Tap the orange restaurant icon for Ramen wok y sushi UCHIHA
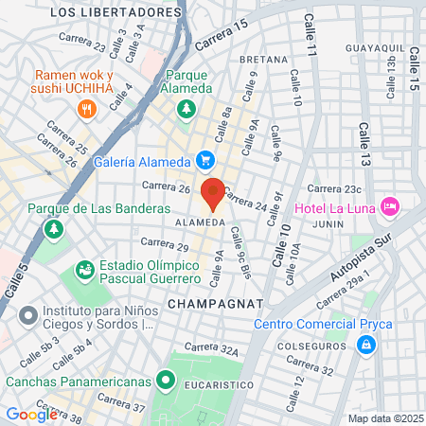coord(87,109)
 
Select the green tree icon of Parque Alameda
coord(187,108)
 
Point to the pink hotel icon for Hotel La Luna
coord(389,205)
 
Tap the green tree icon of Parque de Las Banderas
coord(54,229)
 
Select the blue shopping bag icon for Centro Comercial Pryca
coord(364,346)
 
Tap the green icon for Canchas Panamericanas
coord(167,382)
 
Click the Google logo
coord(31,414)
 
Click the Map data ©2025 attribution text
coord(383,418)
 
